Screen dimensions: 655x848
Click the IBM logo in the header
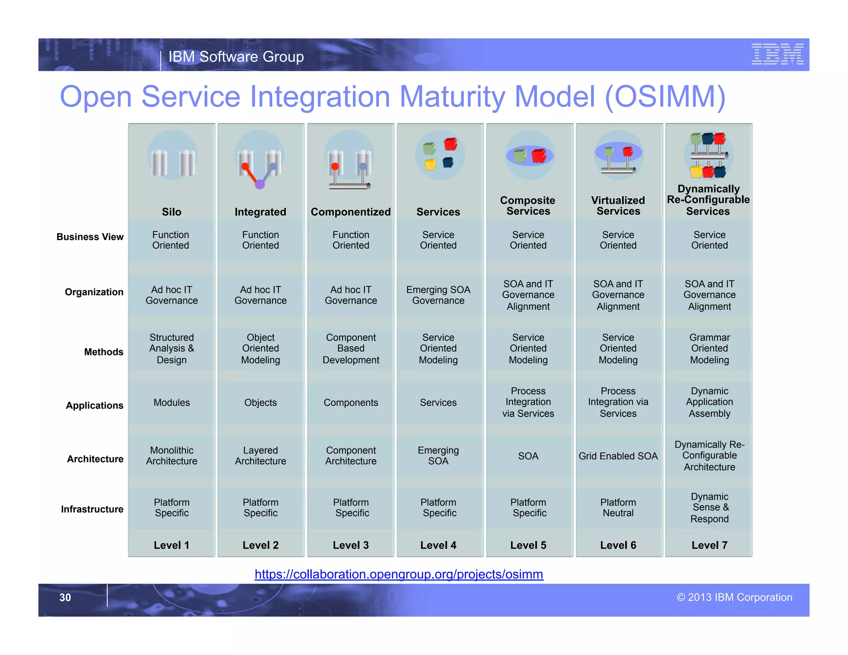pyautogui.click(x=777, y=54)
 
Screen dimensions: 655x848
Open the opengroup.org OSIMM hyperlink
pyautogui.click(x=399, y=574)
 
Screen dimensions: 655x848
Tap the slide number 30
pyautogui.click(x=65, y=597)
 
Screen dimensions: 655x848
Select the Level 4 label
pyautogui.click(x=438, y=545)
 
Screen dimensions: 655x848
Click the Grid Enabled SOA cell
pyautogui.click(x=618, y=456)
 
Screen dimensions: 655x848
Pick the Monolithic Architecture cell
pyautogui.click(x=171, y=456)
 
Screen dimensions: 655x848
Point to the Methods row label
pyautogui.click(x=104, y=352)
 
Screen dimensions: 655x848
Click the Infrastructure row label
pyautogui.click(x=92, y=509)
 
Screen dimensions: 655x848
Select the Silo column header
pyautogui.click(x=171, y=212)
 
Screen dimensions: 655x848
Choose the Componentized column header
pyautogui.click(x=351, y=212)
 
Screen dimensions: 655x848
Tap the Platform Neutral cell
pyautogui.click(x=618, y=508)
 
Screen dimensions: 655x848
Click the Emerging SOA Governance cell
pyautogui.click(x=438, y=295)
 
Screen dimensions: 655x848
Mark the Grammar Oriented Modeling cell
pyautogui.click(x=709, y=349)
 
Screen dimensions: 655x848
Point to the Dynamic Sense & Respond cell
pyautogui.click(x=709, y=508)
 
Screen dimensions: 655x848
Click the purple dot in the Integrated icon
pyautogui.click(x=260, y=184)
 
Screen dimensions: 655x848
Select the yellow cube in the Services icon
pyautogui.click(x=430, y=165)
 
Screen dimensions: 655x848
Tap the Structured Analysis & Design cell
pyautogui.click(x=171, y=349)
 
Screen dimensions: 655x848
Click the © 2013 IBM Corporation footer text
pyautogui.click(x=734, y=597)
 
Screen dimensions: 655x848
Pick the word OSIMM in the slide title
pyautogui.click(x=665, y=96)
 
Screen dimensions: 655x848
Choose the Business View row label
pyautogui.click(x=90, y=237)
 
